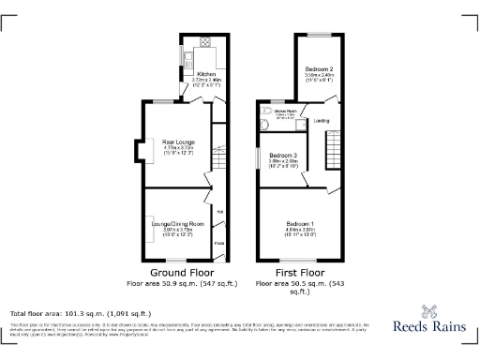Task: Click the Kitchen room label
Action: [207, 73]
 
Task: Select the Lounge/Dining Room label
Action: [178, 224]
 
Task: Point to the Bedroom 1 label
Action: [301, 223]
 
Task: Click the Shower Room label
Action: [286, 113]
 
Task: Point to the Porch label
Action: [218, 245]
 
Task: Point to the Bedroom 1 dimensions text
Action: [301, 230]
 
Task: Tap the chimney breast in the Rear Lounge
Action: [139, 150]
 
